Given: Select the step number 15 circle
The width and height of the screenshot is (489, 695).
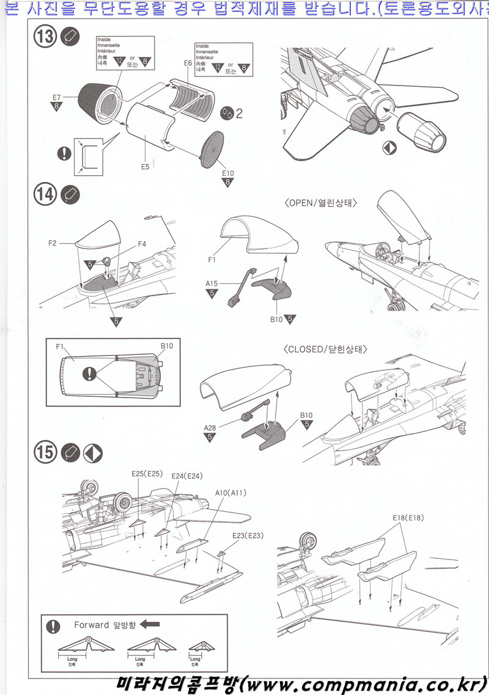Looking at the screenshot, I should click(x=45, y=453).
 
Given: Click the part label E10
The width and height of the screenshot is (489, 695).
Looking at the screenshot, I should click(x=228, y=173).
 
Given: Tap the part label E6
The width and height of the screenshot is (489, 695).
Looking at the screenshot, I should click(x=188, y=63).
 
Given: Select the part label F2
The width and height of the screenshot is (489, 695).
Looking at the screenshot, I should click(x=52, y=243).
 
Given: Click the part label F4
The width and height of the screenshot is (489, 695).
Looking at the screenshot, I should click(x=141, y=244).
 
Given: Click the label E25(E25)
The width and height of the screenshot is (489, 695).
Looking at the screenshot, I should click(x=146, y=474).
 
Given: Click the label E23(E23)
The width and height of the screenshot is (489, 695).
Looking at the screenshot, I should click(x=248, y=536).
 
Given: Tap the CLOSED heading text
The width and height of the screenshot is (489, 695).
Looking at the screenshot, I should click(x=325, y=350).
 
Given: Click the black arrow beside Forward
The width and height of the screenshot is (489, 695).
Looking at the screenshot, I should click(x=150, y=625).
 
